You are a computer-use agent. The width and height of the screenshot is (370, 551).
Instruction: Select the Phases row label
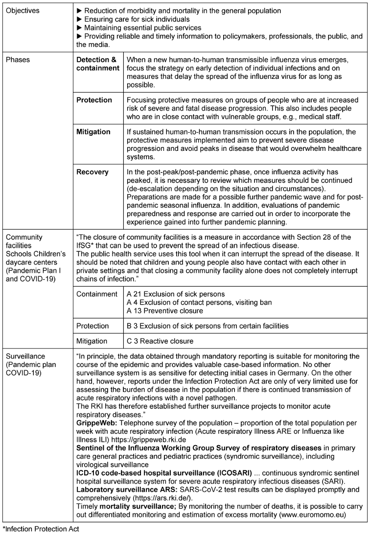click(18, 60)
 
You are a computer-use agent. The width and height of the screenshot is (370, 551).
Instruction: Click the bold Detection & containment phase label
click(97, 64)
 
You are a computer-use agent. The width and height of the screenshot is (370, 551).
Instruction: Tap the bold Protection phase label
click(94, 100)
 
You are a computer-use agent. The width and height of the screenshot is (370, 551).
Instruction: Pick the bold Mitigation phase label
click(93, 132)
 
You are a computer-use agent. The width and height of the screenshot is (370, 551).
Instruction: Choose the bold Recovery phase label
click(92, 172)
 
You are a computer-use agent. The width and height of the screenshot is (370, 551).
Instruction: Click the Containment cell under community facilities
click(97, 294)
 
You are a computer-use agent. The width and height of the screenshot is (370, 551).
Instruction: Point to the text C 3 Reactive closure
click(160, 340)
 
